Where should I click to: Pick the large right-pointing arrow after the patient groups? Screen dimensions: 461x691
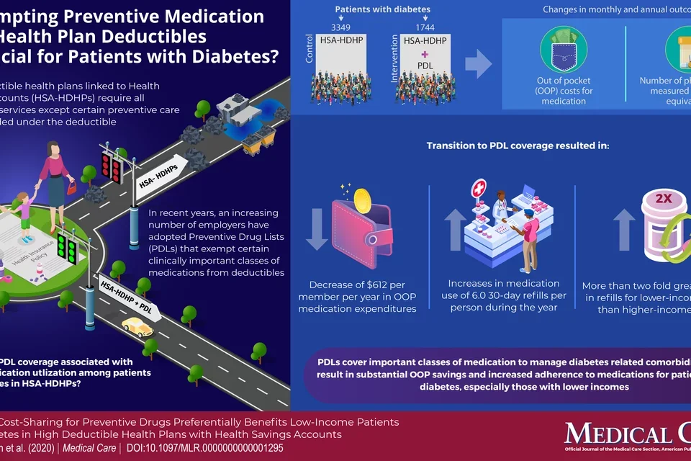(x=477, y=67)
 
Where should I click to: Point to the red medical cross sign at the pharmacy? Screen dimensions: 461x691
(x=477, y=191)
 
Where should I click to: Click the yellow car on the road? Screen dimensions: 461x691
(x=137, y=328)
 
